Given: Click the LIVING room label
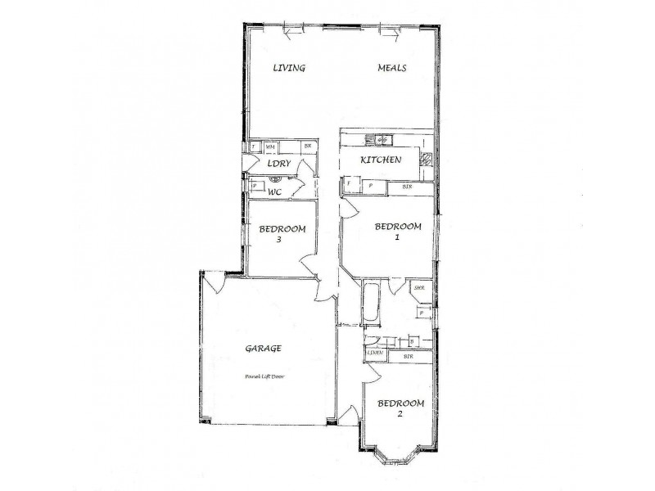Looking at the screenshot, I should coord(288,68).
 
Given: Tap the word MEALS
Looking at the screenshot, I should coord(392,68).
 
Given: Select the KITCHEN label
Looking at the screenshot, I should coord(382,160).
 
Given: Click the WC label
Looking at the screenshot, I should coord(276,191).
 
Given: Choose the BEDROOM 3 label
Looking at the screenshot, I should coord(282,234).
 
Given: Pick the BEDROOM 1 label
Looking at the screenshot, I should coord(397,232).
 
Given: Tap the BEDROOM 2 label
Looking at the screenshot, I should coord(400,408).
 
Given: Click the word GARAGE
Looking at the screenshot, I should coord(264,348).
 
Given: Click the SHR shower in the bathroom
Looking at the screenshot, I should coord(420,289).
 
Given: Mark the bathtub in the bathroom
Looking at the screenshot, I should coord(371,304).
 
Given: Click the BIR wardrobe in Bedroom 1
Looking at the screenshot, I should coord(407,187).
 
